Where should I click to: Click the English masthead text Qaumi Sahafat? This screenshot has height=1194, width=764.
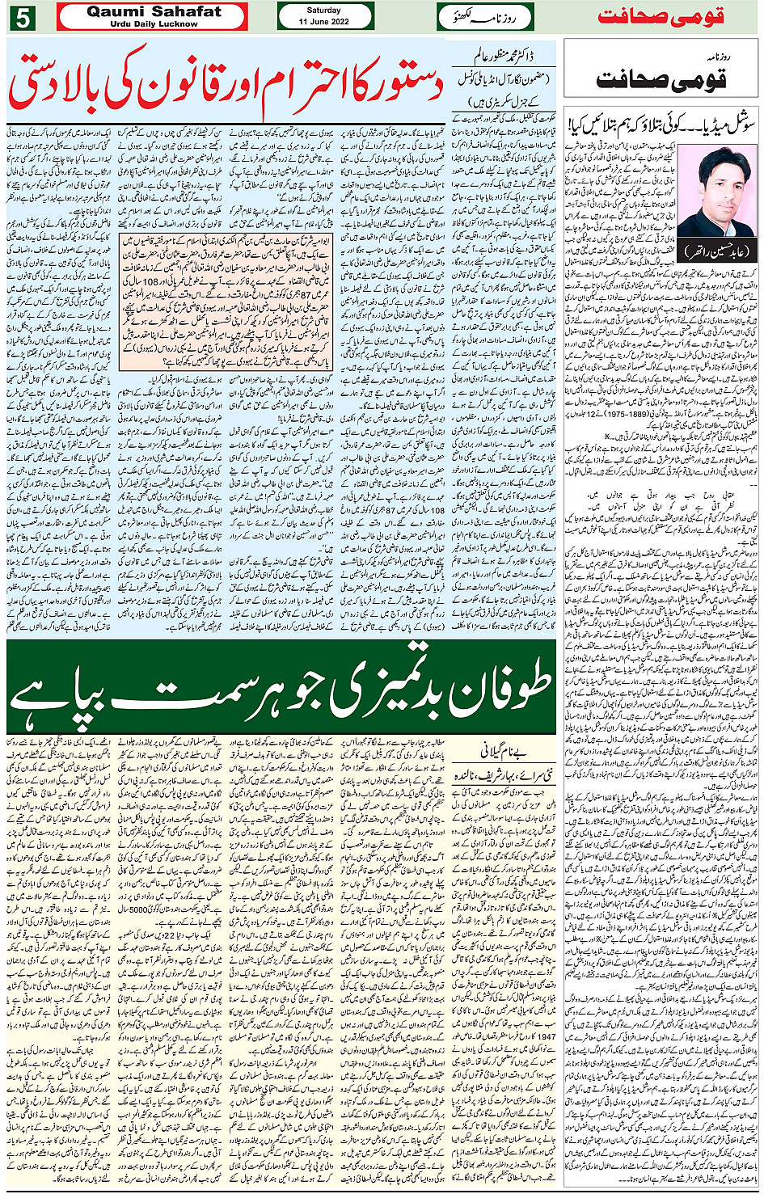coord(153,11)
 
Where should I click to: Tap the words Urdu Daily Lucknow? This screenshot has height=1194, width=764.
coord(154,24)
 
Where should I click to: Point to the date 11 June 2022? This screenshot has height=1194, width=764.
coord(323,22)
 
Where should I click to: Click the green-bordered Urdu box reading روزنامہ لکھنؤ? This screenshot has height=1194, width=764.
coord(486,16)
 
